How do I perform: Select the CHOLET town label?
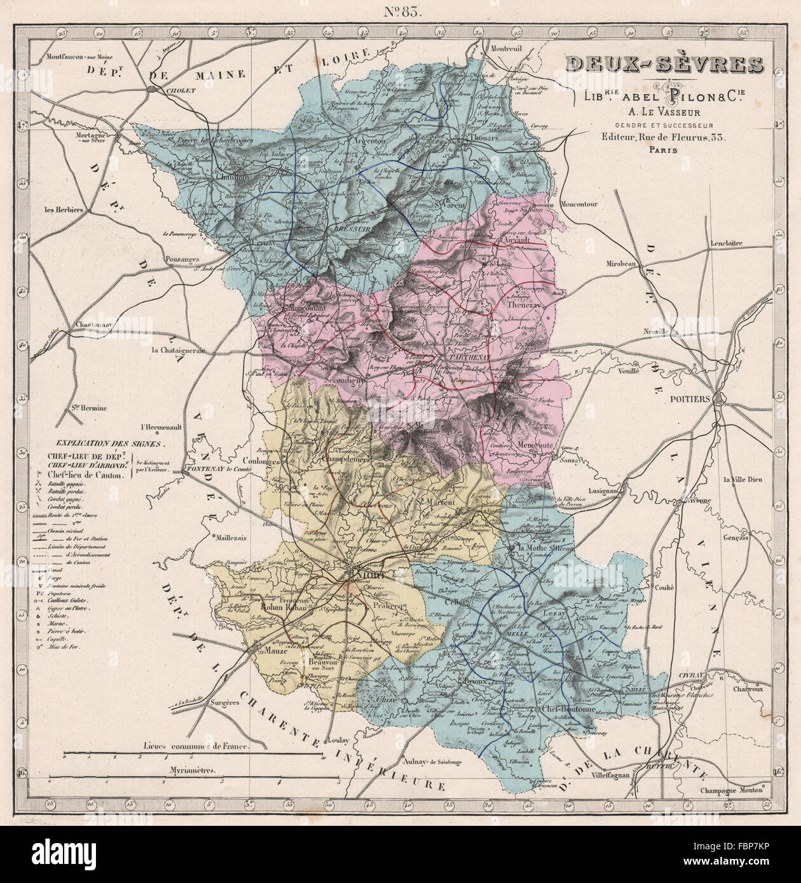click(x=163, y=90)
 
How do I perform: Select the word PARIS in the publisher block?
click(x=664, y=151)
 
